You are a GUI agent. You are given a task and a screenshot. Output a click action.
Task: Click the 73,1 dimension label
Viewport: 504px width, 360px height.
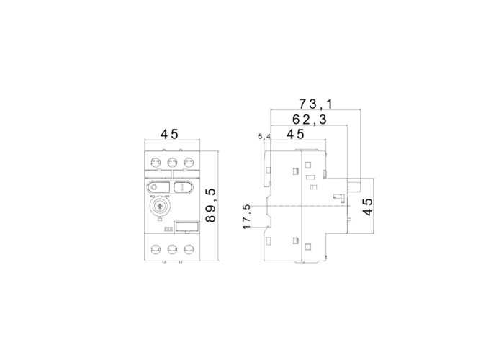[315, 104]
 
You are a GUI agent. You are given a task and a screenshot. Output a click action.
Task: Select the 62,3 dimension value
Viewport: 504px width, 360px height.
[309, 120]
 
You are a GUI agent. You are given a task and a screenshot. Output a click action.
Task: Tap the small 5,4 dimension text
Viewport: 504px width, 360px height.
[264, 137]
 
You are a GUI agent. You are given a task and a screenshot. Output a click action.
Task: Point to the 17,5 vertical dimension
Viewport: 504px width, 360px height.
[247, 217]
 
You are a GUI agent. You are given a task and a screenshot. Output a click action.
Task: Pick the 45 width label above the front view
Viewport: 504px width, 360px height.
[169, 134]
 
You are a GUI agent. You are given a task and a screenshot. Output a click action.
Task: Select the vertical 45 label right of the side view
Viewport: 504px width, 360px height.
[368, 207]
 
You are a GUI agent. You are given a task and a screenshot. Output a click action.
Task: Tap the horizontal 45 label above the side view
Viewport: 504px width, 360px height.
[295, 134]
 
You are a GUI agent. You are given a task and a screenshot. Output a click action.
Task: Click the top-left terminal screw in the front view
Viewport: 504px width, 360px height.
[156, 162]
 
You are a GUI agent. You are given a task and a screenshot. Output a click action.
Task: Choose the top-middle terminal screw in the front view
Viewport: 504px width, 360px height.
[172, 162]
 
